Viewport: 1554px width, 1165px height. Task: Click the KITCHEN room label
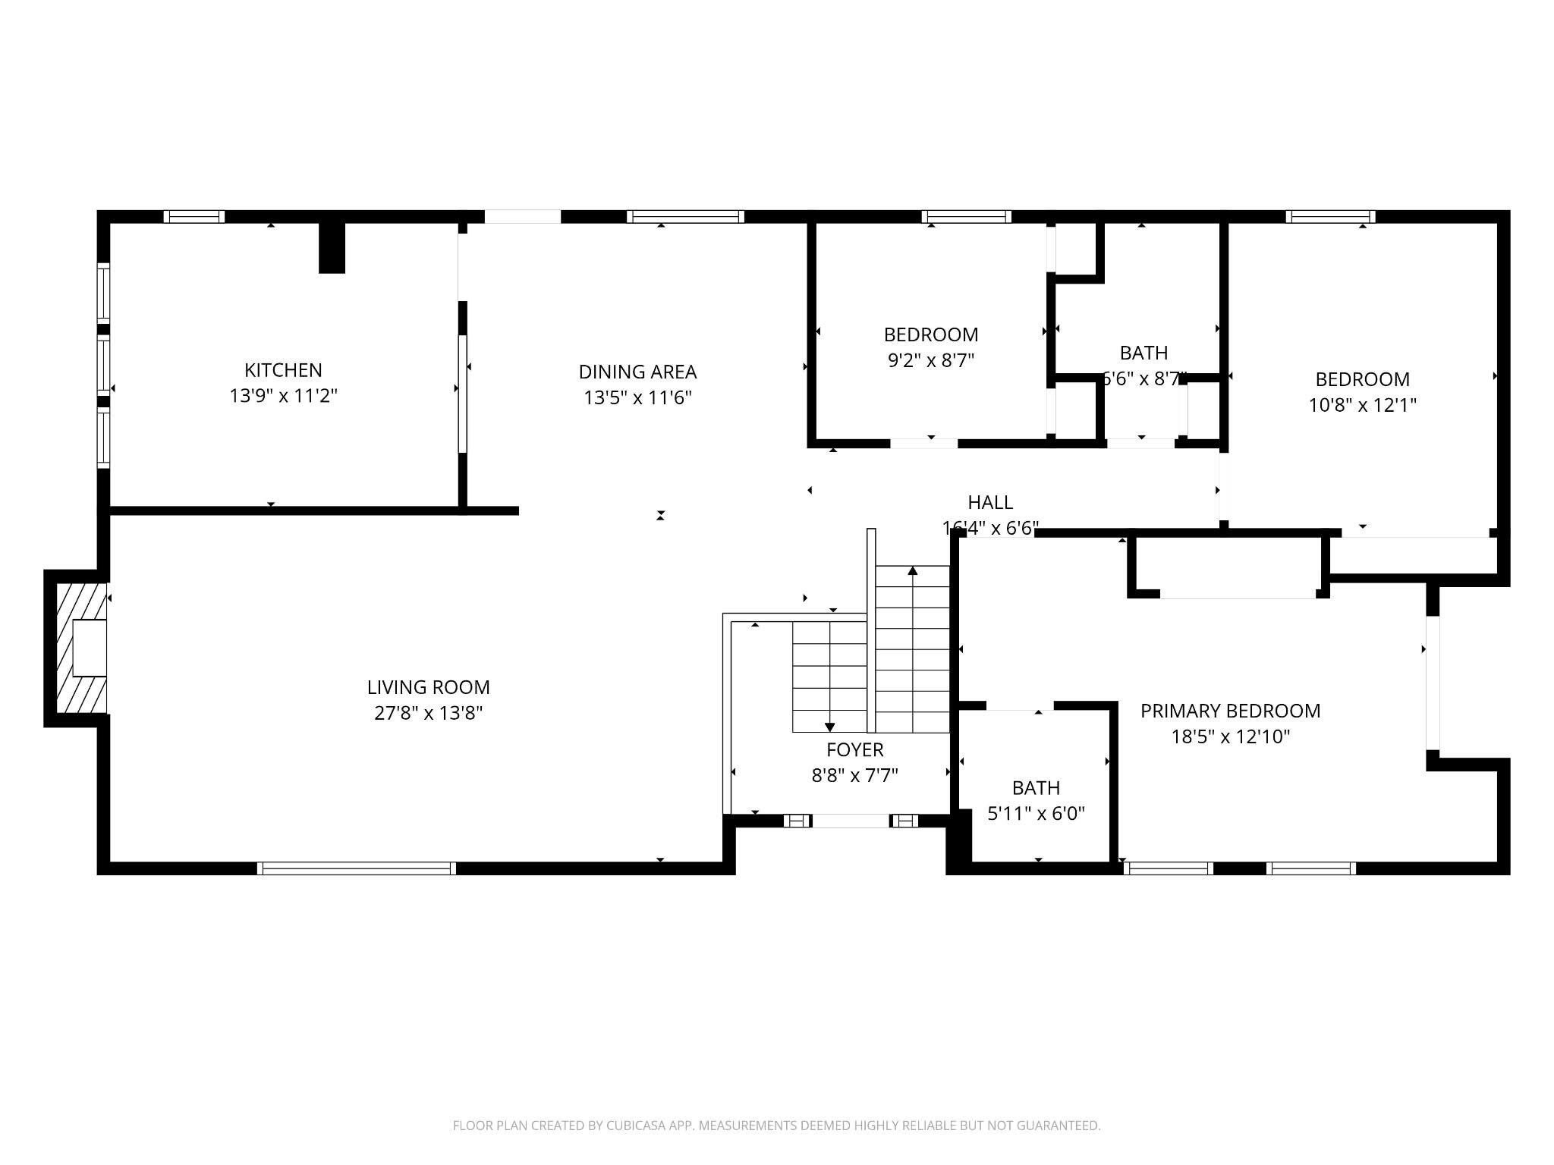(283, 370)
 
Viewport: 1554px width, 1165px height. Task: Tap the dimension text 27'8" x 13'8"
(428, 713)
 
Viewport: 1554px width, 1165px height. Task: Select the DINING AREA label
(637, 372)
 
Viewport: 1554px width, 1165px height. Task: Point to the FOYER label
(854, 749)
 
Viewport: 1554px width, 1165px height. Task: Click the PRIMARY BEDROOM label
(1230, 711)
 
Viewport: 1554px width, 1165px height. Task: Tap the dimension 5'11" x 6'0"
(1036, 814)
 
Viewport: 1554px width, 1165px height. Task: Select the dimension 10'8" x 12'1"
(1362, 405)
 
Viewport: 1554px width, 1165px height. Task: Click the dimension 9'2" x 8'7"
(931, 360)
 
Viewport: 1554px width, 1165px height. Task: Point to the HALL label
(990, 502)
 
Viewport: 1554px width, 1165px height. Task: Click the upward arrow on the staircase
(913, 570)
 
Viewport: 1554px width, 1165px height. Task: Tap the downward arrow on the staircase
(829, 727)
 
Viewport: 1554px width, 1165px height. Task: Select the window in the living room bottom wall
(357, 868)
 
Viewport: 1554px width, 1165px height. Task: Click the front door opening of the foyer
(851, 821)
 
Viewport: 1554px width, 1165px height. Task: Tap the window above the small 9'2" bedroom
(966, 217)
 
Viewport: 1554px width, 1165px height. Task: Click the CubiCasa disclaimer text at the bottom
(776, 1126)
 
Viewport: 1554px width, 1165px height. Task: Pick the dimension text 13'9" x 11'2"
(283, 396)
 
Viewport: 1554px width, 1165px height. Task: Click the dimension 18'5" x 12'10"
(1230, 736)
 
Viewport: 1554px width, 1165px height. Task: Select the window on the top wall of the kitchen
(194, 217)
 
